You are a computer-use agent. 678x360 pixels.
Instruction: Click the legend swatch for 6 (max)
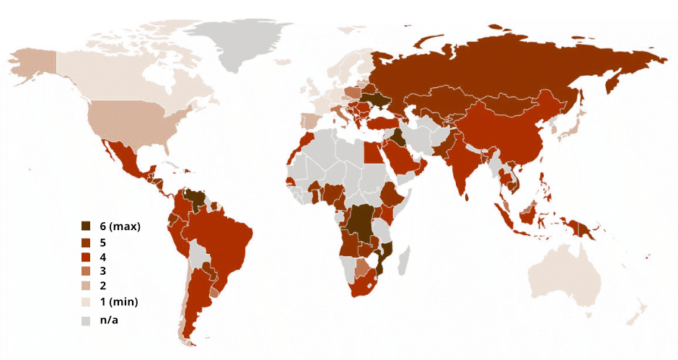[x=86, y=227]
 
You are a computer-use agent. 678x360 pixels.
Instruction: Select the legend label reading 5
[x=103, y=242]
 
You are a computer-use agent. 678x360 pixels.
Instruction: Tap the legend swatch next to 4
[x=86, y=257]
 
